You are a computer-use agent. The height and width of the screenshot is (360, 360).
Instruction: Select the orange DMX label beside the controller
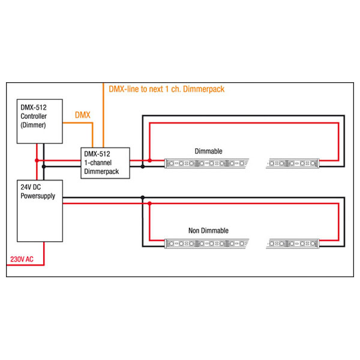82,114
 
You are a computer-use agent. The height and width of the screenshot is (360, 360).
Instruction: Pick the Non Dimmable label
208,230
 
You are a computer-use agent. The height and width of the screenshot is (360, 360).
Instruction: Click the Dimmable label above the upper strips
208,151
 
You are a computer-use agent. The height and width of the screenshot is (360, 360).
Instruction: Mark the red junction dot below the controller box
37,160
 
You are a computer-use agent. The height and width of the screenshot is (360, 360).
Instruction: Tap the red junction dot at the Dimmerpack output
150,160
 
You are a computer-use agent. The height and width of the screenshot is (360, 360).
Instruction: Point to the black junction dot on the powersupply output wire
142,197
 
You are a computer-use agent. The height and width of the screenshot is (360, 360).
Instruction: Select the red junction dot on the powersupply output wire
150,203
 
